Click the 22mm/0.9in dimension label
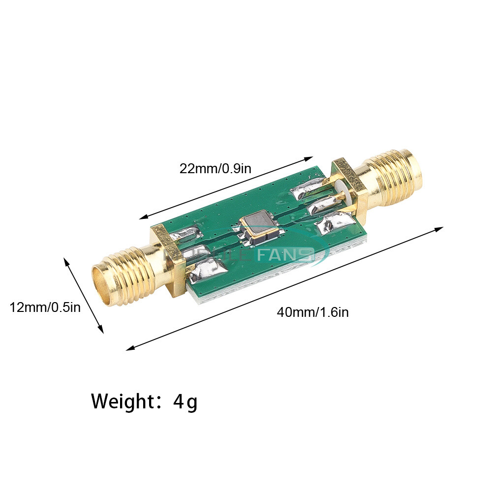215,169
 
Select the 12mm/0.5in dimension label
45,308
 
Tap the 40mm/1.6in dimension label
312,312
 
